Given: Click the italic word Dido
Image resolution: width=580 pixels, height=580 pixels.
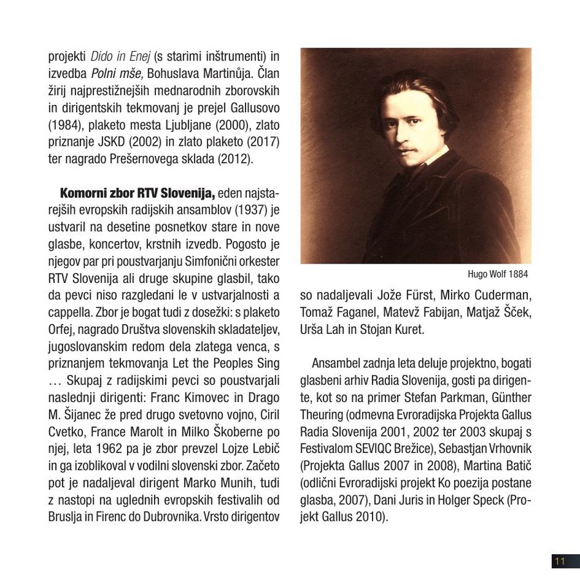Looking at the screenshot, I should (102, 55).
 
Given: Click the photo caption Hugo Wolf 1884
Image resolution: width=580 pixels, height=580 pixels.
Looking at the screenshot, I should (498, 274).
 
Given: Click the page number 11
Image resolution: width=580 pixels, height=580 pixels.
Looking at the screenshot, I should (559, 561).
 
